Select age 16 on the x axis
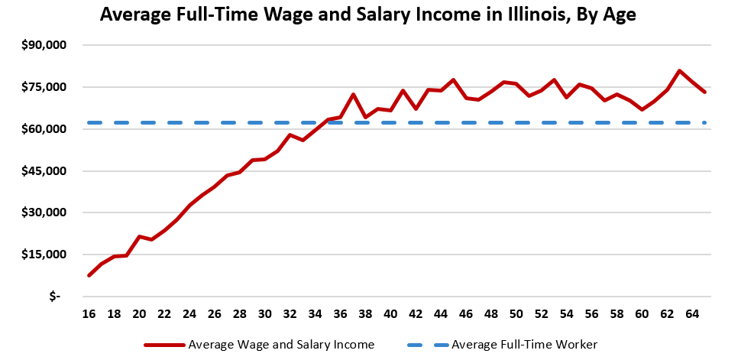click(x=89, y=313)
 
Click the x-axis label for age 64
click(x=692, y=313)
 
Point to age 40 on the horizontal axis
click(x=390, y=313)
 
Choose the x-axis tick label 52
click(x=541, y=313)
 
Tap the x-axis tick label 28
click(x=240, y=313)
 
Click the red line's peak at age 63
click(x=680, y=71)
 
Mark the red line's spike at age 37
click(x=353, y=95)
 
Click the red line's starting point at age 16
click(x=89, y=275)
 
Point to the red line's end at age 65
click(x=704, y=92)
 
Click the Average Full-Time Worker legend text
click(x=524, y=345)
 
